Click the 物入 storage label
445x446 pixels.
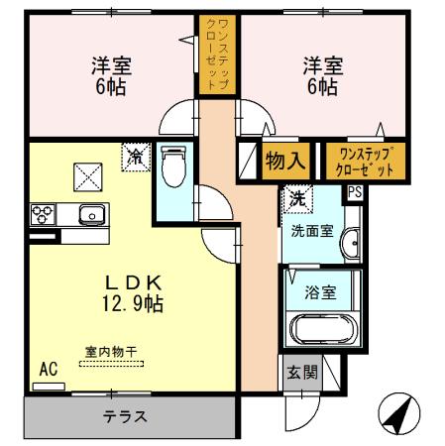pos(285,160)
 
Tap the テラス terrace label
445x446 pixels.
pos(125,416)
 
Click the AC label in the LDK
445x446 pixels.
pos(48,369)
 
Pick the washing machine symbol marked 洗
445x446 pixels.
pos(295,198)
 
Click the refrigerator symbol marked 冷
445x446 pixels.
pos(134,156)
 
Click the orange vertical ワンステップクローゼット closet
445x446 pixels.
pos(215,56)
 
